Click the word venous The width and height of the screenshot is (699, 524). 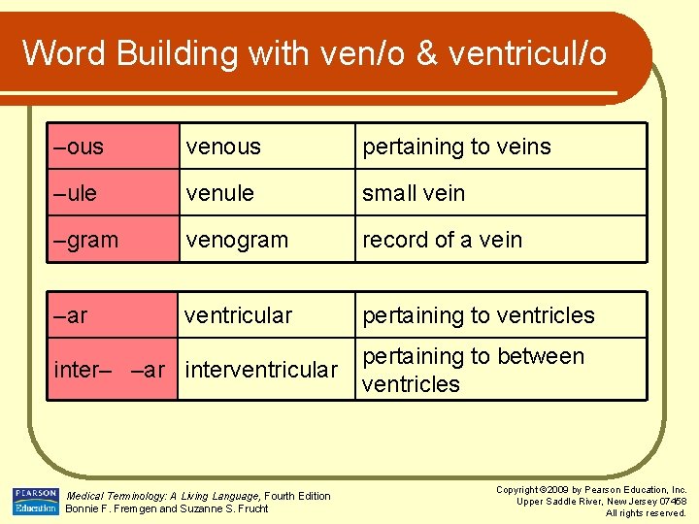(223, 147)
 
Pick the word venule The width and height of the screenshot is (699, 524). (220, 193)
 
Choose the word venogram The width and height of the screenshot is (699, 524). (237, 240)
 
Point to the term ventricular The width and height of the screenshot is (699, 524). (238, 315)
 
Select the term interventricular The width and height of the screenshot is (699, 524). (261, 370)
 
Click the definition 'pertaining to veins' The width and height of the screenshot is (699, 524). (456, 147)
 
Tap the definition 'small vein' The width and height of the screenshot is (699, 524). (414, 193)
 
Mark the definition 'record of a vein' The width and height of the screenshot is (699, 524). (442, 240)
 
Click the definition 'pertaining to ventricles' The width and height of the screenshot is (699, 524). (478, 315)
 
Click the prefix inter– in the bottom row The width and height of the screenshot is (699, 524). (83, 370)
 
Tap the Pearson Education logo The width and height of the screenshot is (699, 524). (35, 501)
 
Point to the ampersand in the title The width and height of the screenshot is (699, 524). (428, 52)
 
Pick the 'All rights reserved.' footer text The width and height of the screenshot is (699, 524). (646, 512)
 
